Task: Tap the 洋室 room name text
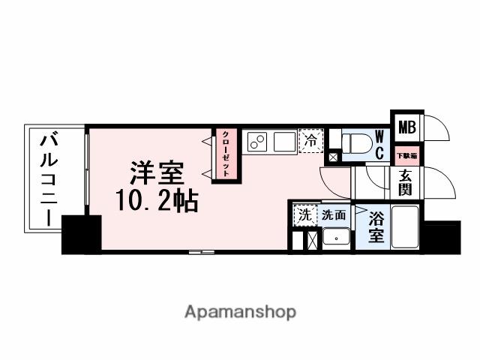coord(157,173)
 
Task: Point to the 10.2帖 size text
coord(157,200)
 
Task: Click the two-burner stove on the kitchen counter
coord(258,141)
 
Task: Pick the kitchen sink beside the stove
coord(284,141)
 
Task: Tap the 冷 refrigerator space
coord(310,139)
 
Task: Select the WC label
coord(379,143)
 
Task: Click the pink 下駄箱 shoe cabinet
coord(406,155)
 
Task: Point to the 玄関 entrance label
coord(406,182)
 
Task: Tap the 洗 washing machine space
coord(303,214)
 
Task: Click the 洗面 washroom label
coord(334,214)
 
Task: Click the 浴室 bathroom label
coord(377,226)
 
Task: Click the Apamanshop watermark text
coord(240,311)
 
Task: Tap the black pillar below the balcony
coord(80,233)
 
